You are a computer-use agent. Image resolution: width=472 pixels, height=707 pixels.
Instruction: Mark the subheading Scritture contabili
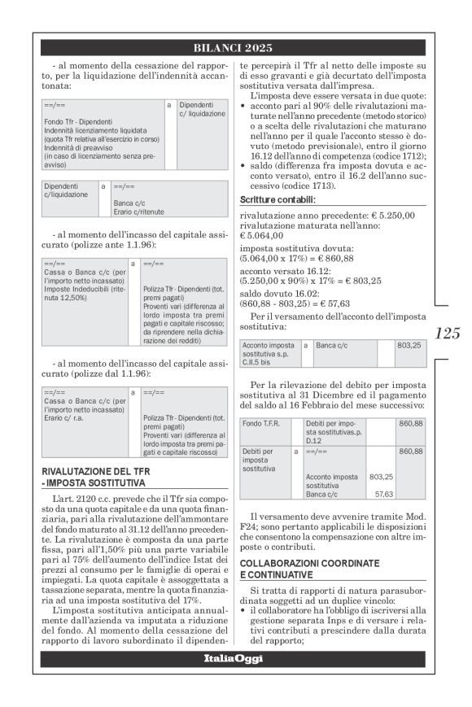[x=278, y=199]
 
